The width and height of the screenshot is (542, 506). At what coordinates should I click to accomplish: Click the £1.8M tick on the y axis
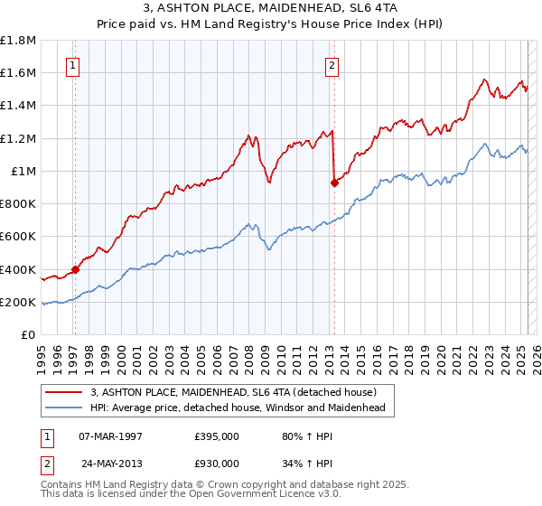(19, 41)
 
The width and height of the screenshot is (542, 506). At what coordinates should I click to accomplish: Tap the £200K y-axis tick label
(18, 302)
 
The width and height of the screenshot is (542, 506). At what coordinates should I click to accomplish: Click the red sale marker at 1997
(75, 269)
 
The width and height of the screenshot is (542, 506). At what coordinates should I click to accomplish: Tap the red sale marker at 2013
(333, 183)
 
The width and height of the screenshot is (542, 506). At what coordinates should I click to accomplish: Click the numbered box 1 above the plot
(71, 64)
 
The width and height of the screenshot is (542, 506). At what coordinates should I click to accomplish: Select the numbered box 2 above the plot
(332, 64)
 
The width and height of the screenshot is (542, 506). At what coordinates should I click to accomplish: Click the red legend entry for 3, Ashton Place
(239, 392)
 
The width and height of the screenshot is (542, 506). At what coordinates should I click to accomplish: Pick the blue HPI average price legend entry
(238, 408)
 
